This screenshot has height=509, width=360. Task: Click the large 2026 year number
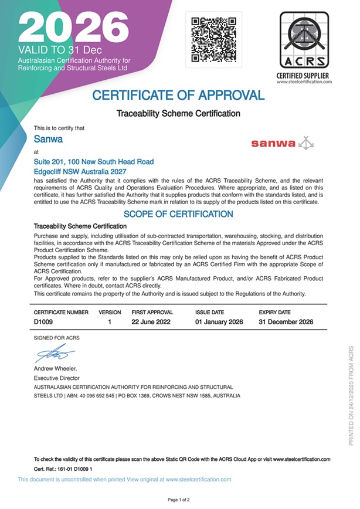tap(73, 26)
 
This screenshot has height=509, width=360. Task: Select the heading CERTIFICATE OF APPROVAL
tap(179, 95)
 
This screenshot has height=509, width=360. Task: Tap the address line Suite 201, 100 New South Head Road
tap(94, 161)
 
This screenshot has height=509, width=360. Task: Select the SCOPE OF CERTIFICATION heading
tap(178, 214)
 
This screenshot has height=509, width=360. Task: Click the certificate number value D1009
tap(45, 322)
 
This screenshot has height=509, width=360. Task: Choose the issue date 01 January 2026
tap(219, 322)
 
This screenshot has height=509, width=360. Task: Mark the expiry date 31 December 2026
tap(286, 322)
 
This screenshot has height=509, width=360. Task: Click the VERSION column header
tap(110, 313)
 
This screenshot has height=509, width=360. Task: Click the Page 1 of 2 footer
tap(179, 500)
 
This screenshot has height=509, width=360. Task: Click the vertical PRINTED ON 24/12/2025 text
tap(351, 396)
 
